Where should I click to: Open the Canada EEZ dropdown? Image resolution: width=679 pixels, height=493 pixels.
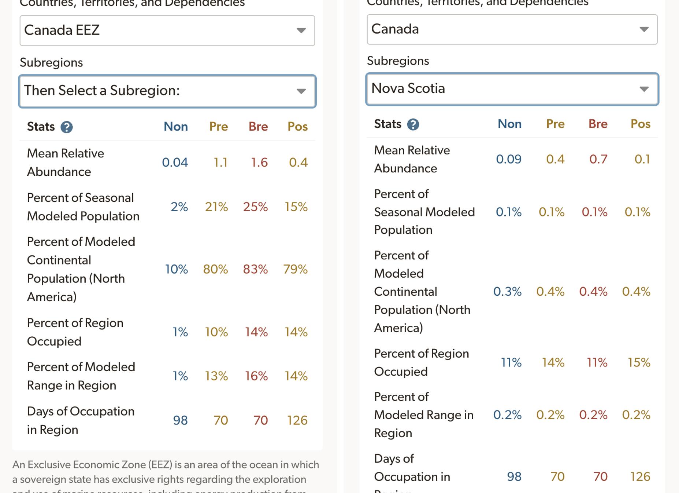click(x=167, y=30)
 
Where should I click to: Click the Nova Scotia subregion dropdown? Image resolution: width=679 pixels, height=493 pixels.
click(x=512, y=89)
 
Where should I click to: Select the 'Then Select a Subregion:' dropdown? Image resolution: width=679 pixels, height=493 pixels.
click(x=167, y=91)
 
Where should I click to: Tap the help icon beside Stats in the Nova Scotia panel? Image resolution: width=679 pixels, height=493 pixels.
click(x=413, y=125)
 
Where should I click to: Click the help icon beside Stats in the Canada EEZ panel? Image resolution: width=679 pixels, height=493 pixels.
click(x=67, y=127)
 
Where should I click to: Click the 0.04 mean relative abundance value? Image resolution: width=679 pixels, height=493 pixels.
click(x=175, y=162)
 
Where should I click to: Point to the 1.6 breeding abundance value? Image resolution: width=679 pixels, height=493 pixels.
click(x=259, y=162)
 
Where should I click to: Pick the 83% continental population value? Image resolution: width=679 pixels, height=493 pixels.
click(x=255, y=269)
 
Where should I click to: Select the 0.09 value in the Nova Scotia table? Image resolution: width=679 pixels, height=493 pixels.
click(x=508, y=159)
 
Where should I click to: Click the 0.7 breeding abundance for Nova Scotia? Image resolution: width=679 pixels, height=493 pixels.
click(x=598, y=159)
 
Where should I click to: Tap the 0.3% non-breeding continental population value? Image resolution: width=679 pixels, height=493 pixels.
click(x=507, y=292)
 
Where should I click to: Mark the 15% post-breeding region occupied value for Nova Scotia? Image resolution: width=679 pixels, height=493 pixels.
click(x=639, y=362)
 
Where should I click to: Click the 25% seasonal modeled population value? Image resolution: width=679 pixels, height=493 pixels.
click(x=255, y=207)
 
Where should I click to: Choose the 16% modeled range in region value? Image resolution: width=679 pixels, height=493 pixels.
click(x=256, y=376)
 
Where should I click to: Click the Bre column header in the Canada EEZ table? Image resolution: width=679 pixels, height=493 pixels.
click(x=258, y=127)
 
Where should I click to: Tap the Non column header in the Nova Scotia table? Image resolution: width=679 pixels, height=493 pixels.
click(x=509, y=124)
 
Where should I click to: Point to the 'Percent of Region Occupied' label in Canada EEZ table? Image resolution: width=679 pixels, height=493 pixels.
click(x=75, y=332)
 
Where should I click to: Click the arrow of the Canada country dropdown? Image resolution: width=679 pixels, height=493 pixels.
click(x=644, y=29)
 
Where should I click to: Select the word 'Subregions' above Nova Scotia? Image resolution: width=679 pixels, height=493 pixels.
click(x=398, y=61)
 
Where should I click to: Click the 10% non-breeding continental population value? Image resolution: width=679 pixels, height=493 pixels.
click(x=176, y=269)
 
